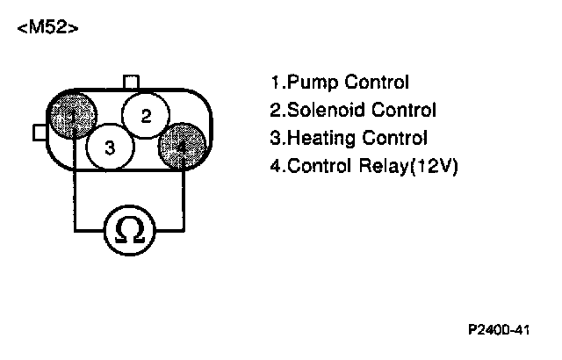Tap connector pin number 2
coord(146,115)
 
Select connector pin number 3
coord(109,148)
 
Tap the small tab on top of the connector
coord(131,82)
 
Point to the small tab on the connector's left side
coord(40,132)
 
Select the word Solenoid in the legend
coord(324,111)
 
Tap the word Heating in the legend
coord(319,139)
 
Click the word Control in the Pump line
coord(378,83)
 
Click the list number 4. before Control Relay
coord(276,166)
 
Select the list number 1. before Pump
coord(276,84)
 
